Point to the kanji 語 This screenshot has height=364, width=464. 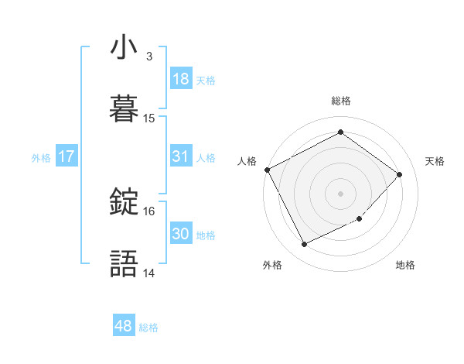pyautogui.click(x=124, y=263)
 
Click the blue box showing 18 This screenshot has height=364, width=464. pyautogui.click(x=180, y=79)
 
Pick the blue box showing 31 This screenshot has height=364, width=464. pyautogui.click(x=180, y=156)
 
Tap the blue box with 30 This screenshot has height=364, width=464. pyautogui.click(x=180, y=234)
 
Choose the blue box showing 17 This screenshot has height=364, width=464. pyautogui.click(x=67, y=156)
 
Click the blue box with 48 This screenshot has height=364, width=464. pyautogui.click(x=124, y=326)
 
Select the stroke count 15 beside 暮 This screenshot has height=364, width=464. pyautogui.click(x=149, y=118)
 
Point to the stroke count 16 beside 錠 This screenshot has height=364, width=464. pyautogui.click(x=149, y=211)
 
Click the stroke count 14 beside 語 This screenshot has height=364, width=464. pyautogui.click(x=149, y=273)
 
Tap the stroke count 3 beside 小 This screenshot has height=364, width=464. pyautogui.click(x=148, y=57)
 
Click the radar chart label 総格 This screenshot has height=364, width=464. pyautogui.click(x=341, y=101)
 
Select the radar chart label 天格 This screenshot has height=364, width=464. pyautogui.click(x=435, y=161)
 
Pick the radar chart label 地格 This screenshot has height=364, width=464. pyautogui.click(x=405, y=265)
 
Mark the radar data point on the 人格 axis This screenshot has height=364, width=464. pyautogui.click(x=267, y=170)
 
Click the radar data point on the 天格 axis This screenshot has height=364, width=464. pyautogui.click(x=399, y=174)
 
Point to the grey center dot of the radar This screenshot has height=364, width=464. pyautogui.click(x=341, y=193)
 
